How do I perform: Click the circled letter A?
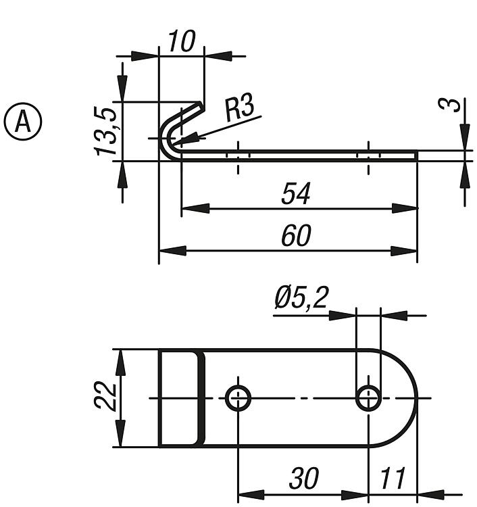click(23, 122)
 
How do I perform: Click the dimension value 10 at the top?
click(182, 41)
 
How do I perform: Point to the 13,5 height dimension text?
click(105, 131)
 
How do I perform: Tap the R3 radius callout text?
click(239, 107)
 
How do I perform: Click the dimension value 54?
click(296, 193)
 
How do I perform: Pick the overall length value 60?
click(297, 235)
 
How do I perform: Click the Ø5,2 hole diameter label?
click(301, 297)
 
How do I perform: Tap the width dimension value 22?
click(105, 395)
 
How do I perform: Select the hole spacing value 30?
click(304, 477)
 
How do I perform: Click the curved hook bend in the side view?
click(164, 139)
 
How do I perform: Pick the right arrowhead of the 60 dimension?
click(403, 251)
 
